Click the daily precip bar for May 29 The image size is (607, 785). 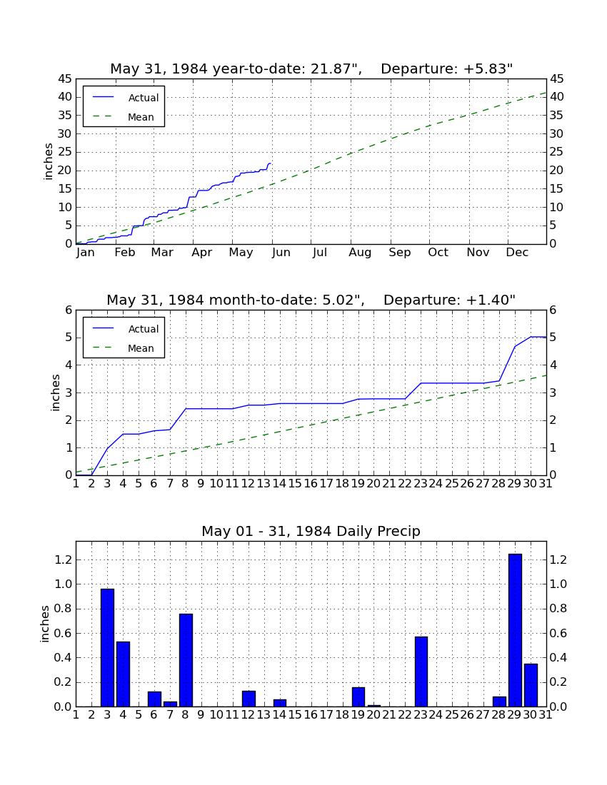coord(515,630)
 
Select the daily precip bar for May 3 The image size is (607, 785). coord(107,648)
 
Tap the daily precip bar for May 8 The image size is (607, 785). coord(186,660)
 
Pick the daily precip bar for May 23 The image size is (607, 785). coord(421,672)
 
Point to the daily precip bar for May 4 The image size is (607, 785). coord(124,674)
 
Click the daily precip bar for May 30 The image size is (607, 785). coord(531,685)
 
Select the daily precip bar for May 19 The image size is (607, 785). coord(358,697)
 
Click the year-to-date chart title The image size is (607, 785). coord(311,69)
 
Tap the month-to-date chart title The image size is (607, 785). coord(311,300)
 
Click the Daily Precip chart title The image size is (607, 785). coord(311,531)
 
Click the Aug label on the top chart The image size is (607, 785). coord(360,253)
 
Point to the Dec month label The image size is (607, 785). coord(517,253)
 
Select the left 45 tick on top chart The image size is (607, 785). coord(66,79)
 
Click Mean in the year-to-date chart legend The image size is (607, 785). coord(141,117)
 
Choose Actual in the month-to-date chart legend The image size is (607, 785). coord(144,329)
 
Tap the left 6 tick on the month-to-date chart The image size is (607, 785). coord(69,310)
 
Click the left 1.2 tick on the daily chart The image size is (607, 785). coord(63,559)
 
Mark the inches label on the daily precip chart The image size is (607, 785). coord(45,624)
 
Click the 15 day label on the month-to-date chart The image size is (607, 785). coord(296,484)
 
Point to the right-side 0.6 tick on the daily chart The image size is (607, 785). coord(558,633)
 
